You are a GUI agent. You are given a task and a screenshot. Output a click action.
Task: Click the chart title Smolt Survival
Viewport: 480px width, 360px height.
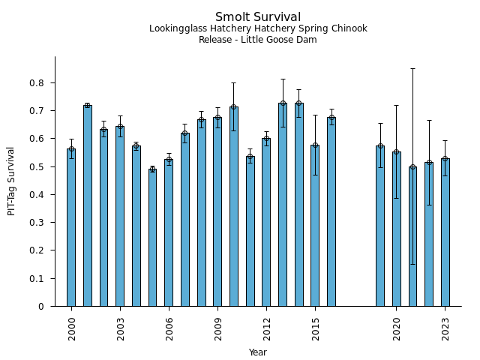tap(258, 17)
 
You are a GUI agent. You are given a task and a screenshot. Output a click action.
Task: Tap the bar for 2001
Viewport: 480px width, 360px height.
tap(88, 205)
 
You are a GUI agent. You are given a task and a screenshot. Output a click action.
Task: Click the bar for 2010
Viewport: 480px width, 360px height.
tap(234, 206)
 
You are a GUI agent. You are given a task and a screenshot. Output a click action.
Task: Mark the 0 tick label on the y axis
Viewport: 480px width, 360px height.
tap(47, 307)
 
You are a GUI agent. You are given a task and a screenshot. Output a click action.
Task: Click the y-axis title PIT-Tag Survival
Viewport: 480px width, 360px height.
tap(12, 181)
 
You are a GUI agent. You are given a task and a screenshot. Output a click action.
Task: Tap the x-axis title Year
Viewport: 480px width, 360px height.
tap(258, 352)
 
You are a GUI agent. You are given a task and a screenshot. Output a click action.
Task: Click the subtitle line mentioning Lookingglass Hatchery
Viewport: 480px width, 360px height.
tap(258, 29)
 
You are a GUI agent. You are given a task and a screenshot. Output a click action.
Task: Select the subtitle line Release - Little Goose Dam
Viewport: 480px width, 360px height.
tap(258, 40)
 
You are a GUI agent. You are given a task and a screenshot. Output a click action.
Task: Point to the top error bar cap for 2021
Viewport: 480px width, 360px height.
tap(412, 68)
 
